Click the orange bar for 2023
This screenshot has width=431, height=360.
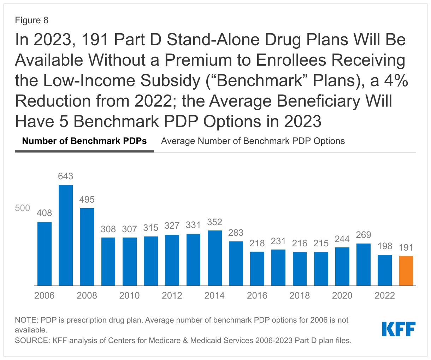point(406,271)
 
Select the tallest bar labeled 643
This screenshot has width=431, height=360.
point(66,235)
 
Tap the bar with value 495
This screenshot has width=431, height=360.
point(87,247)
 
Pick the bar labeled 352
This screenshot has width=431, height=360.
point(214,258)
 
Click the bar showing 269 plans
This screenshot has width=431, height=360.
point(364,264)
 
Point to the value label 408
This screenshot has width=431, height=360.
point(45,213)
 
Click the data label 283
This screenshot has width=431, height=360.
point(236,233)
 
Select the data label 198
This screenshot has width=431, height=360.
point(385,246)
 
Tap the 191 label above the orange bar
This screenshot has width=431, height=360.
point(406,247)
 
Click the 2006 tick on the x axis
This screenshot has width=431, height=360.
point(45,295)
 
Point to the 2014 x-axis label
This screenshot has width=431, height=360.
point(214,295)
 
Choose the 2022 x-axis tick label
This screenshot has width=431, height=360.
point(385,295)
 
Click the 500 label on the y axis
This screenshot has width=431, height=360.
point(23,208)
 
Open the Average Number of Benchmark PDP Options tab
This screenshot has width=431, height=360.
point(253,141)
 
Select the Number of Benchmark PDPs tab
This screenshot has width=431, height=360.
point(84,141)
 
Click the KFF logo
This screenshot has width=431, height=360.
point(399,329)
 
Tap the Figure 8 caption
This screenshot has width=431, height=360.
point(31,20)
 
